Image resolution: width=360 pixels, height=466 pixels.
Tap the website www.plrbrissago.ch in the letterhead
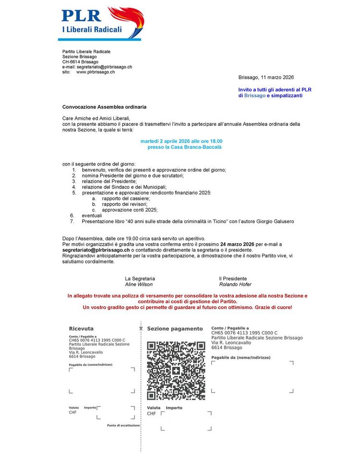coord(96,72)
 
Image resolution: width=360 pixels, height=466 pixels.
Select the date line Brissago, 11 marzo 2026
coord(266,77)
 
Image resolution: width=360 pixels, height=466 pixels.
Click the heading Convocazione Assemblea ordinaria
coord(104,107)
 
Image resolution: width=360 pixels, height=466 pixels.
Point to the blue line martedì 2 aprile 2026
coord(181,141)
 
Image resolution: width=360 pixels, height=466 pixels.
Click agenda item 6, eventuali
coord(91,215)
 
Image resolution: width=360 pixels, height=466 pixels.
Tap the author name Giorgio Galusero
coord(274,221)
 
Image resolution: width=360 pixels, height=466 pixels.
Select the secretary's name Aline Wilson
coord(139,284)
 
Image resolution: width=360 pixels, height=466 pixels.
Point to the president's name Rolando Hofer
coord(235,284)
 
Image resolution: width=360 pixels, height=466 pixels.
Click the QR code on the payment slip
coord(176,370)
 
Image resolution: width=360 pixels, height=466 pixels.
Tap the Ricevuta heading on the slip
coord(81,329)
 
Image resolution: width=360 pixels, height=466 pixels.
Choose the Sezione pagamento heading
coord(175,329)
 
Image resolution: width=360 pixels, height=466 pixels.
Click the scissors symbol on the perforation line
coord(141,329)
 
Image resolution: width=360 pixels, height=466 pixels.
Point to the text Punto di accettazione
coord(123,426)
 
